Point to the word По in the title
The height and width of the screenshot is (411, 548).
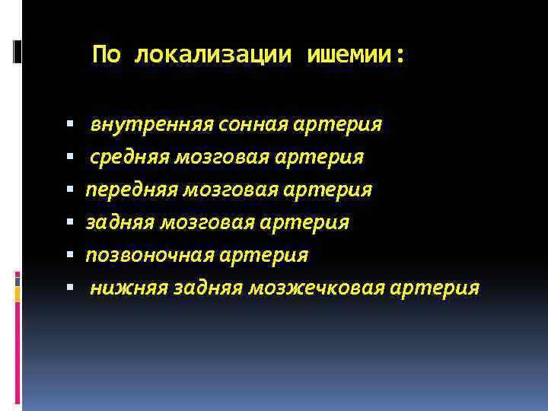tap(107, 56)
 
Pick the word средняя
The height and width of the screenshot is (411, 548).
tap(130, 157)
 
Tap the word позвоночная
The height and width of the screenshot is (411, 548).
tap(150, 255)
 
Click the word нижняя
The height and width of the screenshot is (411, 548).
tap(129, 288)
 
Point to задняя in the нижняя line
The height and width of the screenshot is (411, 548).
tap(208, 288)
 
